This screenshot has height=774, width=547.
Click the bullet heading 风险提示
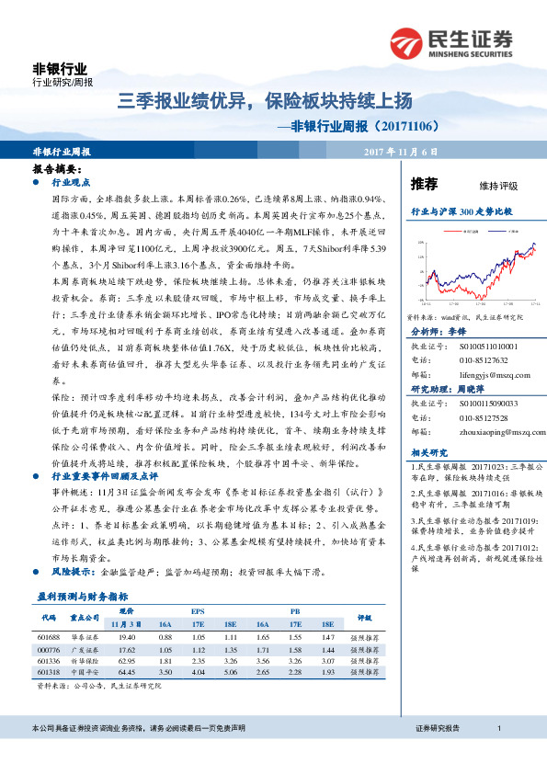[73, 571]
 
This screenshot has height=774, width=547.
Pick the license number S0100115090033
[485, 403]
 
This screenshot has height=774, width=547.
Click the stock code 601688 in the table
[49, 638]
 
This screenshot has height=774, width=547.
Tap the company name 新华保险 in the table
[85, 661]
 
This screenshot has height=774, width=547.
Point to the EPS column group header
[198, 612]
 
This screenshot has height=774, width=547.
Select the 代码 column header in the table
[49, 619]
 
